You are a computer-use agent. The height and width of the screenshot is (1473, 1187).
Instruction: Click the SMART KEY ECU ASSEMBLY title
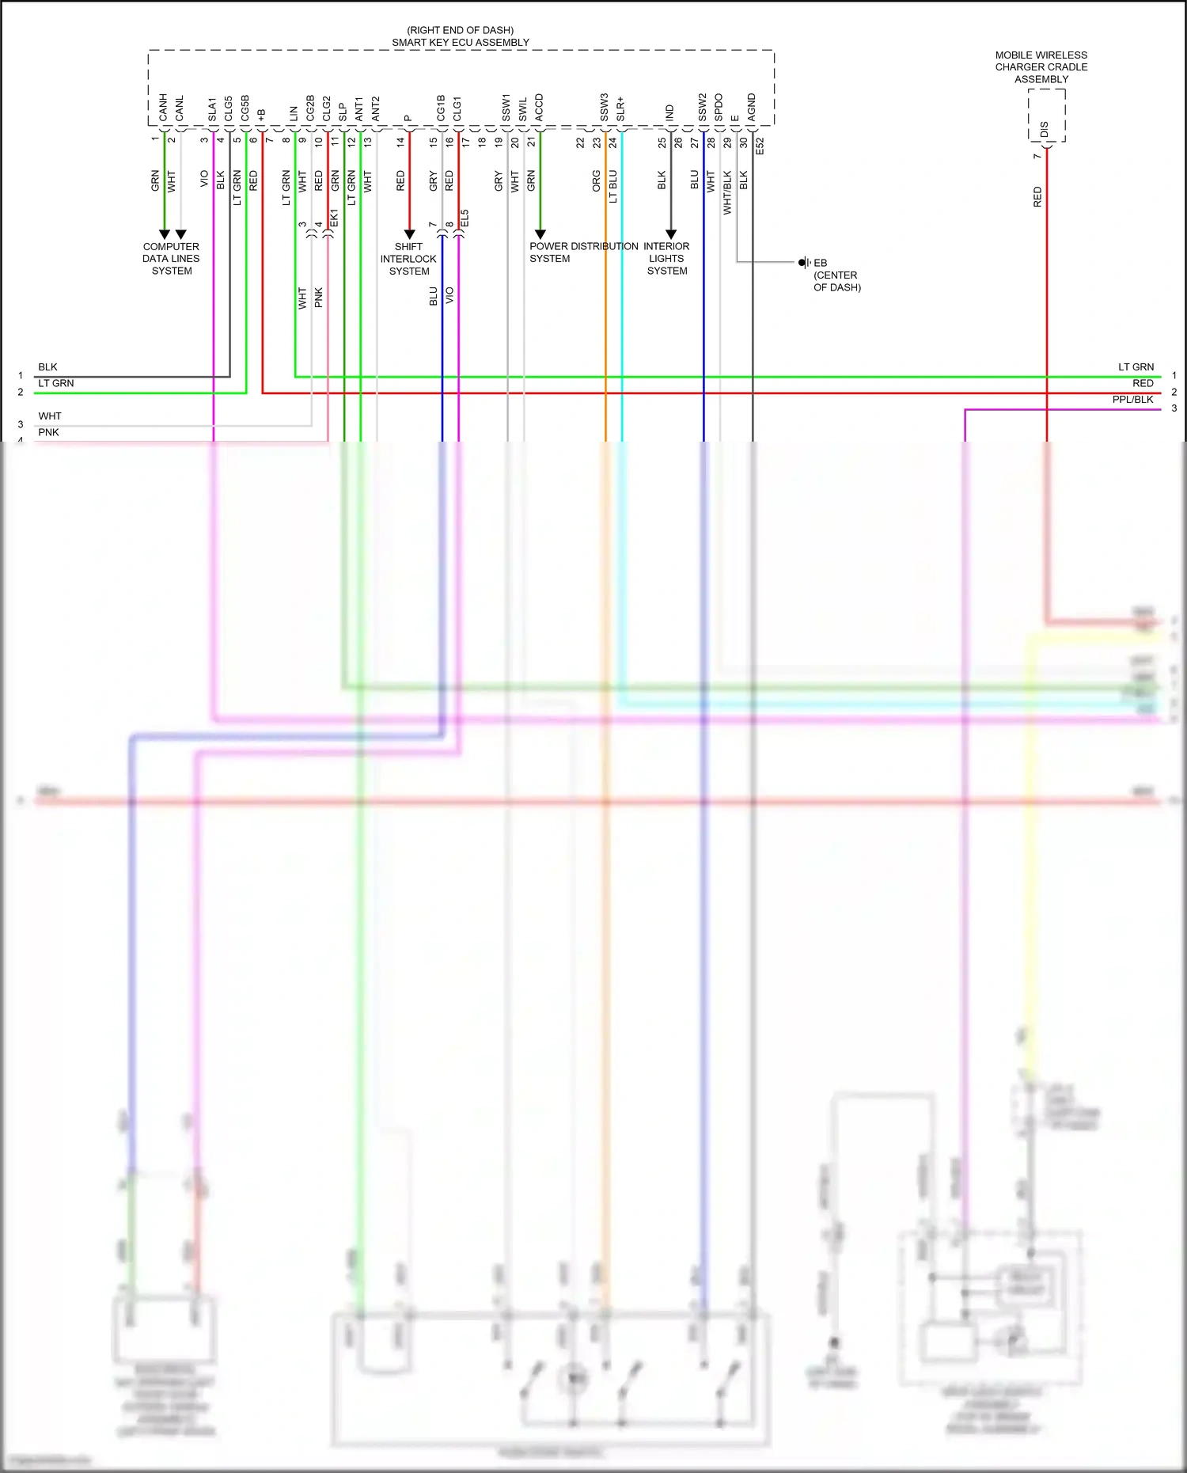tap(461, 43)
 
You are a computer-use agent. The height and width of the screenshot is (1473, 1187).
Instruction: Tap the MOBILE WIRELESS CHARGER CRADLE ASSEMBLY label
tap(1041, 67)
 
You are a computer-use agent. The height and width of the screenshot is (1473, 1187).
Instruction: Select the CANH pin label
tap(163, 108)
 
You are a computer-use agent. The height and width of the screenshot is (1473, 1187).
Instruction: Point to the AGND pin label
tap(752, 108)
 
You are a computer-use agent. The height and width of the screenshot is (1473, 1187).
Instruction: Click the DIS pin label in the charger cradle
tap(1045, 128)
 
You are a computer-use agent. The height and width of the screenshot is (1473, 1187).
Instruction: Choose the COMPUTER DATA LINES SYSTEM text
tap(171, 259)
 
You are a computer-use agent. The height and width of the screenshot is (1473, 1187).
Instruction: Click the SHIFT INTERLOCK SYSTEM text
tap(408, 259)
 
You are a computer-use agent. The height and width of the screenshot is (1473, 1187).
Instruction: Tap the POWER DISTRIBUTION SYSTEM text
tap(583, 252)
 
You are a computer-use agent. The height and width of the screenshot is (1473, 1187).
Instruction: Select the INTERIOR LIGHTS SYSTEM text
tap(666, 259)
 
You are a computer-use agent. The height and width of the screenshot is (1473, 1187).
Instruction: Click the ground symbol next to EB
tap(803, 263)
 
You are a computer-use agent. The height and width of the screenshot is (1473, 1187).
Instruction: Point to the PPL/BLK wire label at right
tap(1132, 400)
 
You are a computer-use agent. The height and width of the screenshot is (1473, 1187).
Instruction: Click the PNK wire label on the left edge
tap(48, 432)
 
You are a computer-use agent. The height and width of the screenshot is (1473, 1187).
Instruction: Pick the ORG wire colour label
tap(597, 181)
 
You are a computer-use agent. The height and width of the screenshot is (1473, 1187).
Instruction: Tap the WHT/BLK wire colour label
tap(727, 193)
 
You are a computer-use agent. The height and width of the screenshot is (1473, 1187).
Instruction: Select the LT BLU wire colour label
tap(613, 187)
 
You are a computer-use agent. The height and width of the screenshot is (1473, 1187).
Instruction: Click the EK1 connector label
tap(334, 218)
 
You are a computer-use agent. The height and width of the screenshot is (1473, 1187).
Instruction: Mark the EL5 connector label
tap(465, 218)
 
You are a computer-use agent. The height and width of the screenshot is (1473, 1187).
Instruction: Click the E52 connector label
tap(760, 146)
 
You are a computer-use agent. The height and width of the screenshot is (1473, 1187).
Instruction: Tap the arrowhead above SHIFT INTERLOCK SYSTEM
tap(409, 234)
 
